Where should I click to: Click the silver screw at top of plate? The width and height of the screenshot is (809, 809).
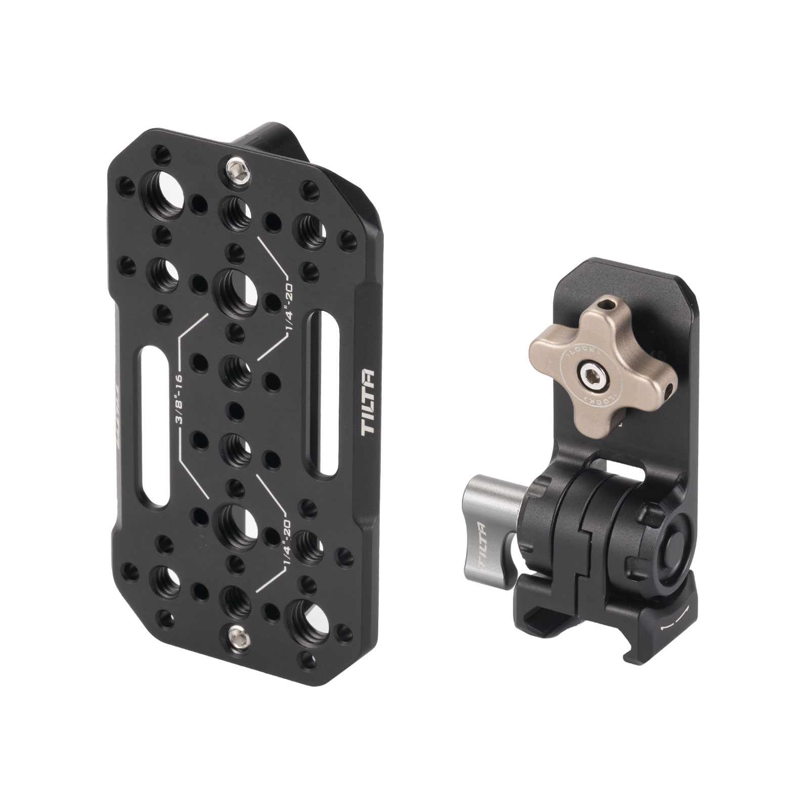234,166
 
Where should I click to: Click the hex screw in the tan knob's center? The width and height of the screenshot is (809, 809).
590,377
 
